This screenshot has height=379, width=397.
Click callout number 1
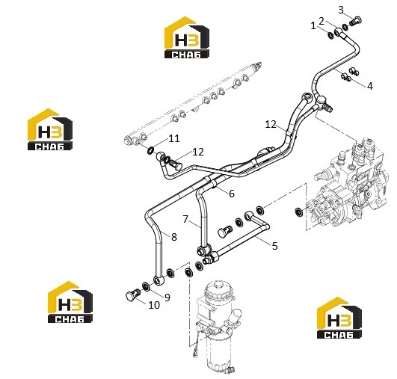pos(313,26)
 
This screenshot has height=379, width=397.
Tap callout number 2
pos(321,21)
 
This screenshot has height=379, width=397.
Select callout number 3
pos(341,10)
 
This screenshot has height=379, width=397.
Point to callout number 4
pos(370,86)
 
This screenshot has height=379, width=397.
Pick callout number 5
pos(275,246)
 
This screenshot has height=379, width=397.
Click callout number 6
pos(232,194)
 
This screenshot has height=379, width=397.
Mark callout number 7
pos(185,219)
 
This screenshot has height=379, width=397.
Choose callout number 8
pos(174,237)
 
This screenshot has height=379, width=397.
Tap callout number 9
pos(167,298)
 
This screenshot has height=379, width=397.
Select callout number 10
pos(154,305)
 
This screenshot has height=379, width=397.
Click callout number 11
pos(174,138)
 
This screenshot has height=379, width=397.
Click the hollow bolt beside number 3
pos(355,20)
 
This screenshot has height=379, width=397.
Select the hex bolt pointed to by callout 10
pos(133,295)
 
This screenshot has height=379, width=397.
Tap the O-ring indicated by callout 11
pos(150,151)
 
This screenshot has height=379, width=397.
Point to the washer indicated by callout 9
pos(146,286)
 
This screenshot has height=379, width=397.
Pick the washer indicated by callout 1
pos(331,35)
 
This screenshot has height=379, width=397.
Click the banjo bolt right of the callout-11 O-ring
pos(176,164)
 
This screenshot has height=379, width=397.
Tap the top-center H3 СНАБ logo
pos(187,37)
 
